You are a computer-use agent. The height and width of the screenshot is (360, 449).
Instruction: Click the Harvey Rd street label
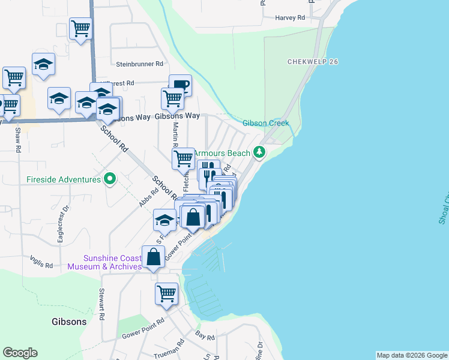[290, 18]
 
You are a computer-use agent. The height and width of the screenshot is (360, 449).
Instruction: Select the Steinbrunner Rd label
[140, 64]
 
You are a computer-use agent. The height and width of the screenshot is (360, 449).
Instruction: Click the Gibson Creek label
[266, 124]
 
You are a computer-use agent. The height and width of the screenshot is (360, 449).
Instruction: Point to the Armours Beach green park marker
[259, 152]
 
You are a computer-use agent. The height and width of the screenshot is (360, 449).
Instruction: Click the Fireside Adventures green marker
[109, 179]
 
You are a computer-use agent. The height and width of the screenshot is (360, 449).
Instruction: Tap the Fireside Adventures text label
[63, 179]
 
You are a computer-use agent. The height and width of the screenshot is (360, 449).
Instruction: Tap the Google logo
[20, 353]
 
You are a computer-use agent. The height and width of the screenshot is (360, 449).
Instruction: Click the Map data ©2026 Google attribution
[411, 355]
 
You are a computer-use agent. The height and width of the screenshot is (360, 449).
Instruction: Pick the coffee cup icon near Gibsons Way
[180, 85]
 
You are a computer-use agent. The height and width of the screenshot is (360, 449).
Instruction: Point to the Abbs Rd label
[148, 197]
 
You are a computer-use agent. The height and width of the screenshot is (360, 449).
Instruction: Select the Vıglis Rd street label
[41, 262]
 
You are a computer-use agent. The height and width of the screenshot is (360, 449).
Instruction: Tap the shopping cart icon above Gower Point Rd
[166, 293]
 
